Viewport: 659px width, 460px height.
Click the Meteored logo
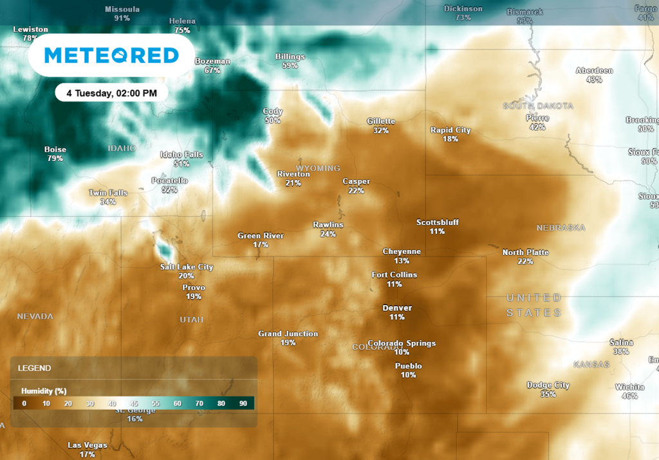111,56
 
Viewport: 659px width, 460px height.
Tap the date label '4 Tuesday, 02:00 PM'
111,93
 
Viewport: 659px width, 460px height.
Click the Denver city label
397,308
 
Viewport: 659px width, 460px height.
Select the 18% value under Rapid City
450,139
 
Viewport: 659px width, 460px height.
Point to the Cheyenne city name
402,252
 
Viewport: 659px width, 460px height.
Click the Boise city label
55,150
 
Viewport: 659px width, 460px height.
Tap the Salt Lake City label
187,267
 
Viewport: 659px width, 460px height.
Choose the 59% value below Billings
290,66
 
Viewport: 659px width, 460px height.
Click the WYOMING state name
318,168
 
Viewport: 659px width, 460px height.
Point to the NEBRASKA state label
561,228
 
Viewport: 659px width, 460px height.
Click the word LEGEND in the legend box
35,368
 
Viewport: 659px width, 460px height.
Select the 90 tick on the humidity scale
243,403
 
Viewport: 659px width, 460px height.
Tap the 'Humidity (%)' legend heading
44,391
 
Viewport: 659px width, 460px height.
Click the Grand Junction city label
288,334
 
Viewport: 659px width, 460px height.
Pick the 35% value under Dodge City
548,394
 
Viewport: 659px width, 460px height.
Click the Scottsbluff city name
438,223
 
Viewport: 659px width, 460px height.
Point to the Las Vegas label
88,445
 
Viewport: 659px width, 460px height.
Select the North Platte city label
525,252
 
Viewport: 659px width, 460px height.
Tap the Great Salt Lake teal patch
165,247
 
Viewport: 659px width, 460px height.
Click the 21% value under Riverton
293,183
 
